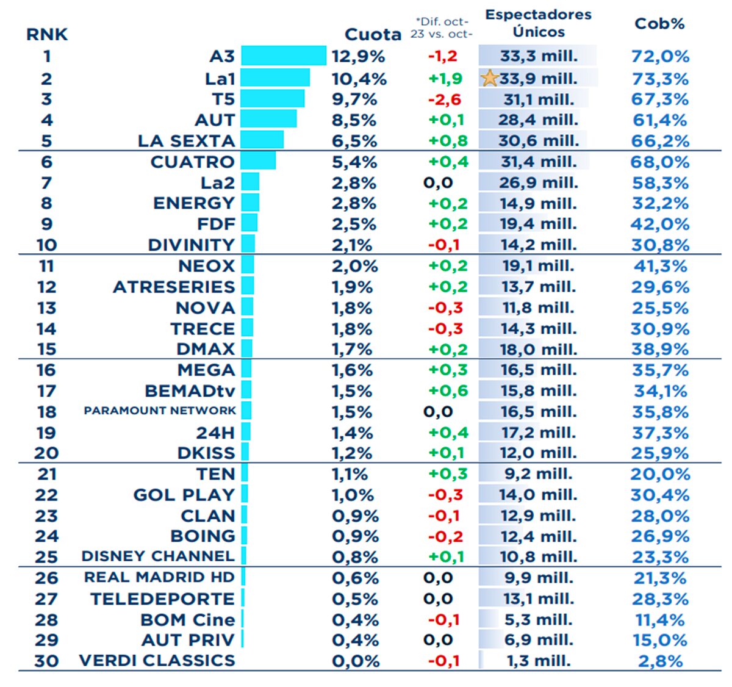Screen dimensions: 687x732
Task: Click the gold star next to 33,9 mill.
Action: pyautogui.click(x=490, y=78)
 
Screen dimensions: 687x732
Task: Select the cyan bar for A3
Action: pyautogui.click(x=284, y=56)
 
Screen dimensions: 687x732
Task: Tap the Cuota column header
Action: pyautogui.click(x=373, y=34)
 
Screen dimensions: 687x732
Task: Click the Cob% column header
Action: pyautogui.click(x=659, y=24)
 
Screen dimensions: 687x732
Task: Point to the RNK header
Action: pyautogui.click(x=47, y=34)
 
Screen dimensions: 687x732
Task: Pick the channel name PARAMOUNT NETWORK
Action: pyautogui.click(x=160, y=411)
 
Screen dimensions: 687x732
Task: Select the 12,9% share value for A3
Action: pyautogui.click(x=359, y=57)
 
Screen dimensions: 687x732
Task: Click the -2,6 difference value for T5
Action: pyautogui.click(x=445, y=99)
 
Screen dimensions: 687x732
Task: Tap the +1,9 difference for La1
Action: pyautogui.click(x=445, y=79)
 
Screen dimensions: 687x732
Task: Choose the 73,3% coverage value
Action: pyautogui.click(x=660, y=79)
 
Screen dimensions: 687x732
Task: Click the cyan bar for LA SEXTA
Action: pyautogui.click(x=262, y=140)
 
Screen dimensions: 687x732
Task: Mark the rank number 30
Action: pyautogui.click(x=46, y=661)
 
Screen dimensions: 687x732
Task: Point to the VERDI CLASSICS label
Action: pyautogui.click(x=157, y=661)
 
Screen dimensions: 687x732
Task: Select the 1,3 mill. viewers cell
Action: pyautogui.click(x=539, y=661)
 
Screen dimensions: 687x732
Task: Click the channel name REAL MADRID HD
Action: pyautogui.click(x=159, y=577)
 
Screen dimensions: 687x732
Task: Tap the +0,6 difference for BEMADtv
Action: pyautogui.click(x=448, y=391)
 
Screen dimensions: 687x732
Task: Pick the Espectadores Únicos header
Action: pyautogui.click(x=539, y=23)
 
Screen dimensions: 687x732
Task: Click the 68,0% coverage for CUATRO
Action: pyautogui.click(x=660, y=162)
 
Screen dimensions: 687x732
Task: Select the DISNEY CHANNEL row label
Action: pyautogui.click(x=158, y=556)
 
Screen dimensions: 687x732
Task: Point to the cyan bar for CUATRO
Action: pyautogui.click(x=259, y=161)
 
